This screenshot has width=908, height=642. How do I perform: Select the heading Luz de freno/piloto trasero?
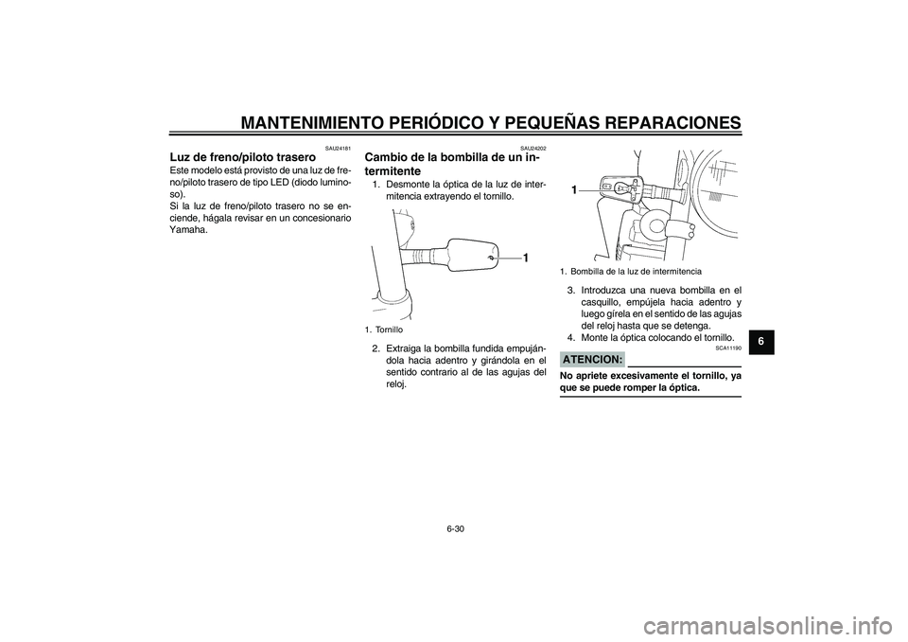[x=242, y=156]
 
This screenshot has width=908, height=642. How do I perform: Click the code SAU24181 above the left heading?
[x=337, y=147]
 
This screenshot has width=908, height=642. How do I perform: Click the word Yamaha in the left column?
[x=188, y=229]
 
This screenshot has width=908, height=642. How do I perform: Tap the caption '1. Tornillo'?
[x=382, y=330]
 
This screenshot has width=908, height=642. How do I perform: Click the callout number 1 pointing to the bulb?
[x=574, y=190]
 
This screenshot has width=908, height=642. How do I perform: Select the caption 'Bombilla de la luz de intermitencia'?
[x=655, y=271]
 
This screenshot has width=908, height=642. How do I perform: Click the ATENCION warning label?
[x=592, y=360]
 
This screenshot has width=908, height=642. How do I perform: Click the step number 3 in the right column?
[x=570, y=290]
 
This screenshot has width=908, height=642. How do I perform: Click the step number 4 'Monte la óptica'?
[x=570, y=337]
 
